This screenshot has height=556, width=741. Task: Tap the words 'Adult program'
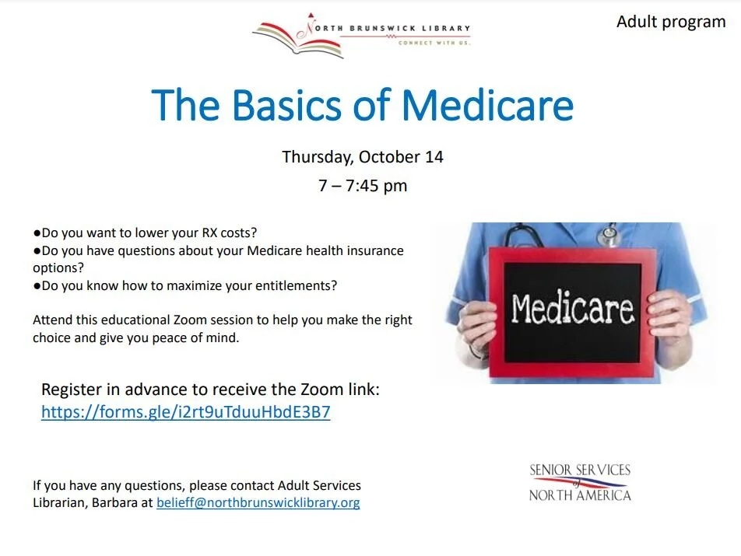671,21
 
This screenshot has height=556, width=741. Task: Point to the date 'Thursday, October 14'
363,156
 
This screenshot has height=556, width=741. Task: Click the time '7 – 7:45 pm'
363,186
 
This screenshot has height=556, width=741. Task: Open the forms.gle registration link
185,412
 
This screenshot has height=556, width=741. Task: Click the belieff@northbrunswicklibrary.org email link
258,502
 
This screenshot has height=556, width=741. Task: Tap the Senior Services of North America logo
580,482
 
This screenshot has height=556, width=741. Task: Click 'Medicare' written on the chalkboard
572,309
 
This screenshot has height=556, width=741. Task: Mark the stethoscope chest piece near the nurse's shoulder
609,232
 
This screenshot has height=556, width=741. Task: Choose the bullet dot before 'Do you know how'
37,285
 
